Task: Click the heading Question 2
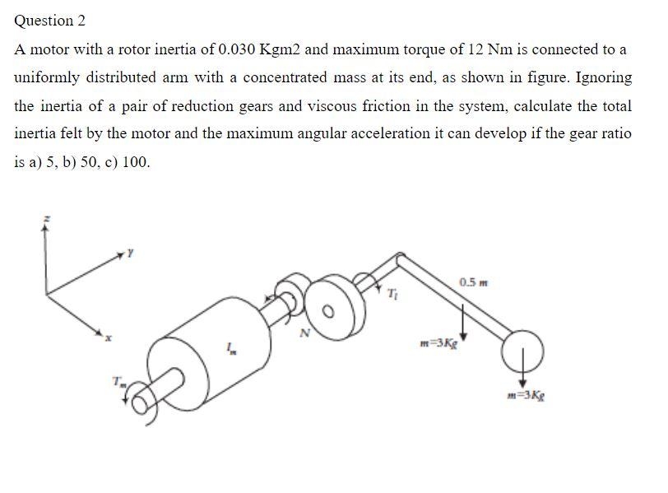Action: (x=50, y=21)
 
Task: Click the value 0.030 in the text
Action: (x=237, y=49)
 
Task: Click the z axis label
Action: (x=46, y=218)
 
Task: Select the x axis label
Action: (x=108, y=337)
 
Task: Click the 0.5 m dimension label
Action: (x=473, y=283)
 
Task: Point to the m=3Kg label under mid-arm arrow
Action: (x=437, y=342)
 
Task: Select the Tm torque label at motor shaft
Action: (x=120, y=381)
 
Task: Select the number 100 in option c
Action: (x=136, y=162)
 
